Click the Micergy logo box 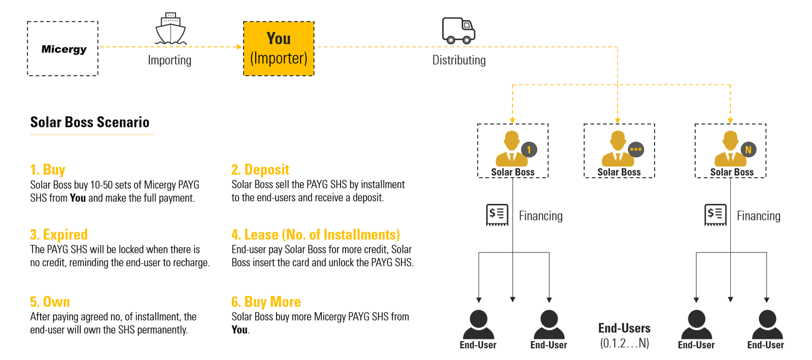63,49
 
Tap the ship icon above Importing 171,29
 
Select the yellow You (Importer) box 279,49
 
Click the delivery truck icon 458,30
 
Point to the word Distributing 459,60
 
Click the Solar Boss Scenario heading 90,122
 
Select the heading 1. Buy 48,170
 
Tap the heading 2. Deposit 260,170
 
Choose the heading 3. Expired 59,235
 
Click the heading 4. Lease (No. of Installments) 316,235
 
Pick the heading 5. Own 50,302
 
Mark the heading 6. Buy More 266,302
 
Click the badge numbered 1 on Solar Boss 529,150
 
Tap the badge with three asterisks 636,149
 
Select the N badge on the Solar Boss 748,150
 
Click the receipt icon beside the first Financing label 497,215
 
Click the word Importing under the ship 170,60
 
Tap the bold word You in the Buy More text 240,330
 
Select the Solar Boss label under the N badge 732,172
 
